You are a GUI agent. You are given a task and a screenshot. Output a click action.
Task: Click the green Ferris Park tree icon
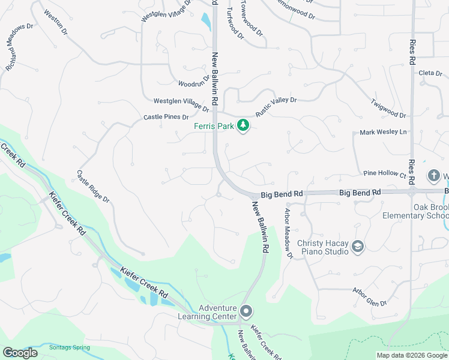(x=243, y=125)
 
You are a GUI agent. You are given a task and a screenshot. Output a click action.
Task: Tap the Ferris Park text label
(x=214, y=126)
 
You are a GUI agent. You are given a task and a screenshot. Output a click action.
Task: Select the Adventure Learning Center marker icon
(x=246, y=311)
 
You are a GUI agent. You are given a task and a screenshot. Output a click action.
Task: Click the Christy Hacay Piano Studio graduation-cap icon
(x=358, y=247)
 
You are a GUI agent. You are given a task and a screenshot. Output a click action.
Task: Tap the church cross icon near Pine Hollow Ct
(x=434, y=176)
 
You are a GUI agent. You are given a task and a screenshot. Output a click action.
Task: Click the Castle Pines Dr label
(x=166, y=117)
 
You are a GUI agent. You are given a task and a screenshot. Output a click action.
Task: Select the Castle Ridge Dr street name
(x=93, y=186)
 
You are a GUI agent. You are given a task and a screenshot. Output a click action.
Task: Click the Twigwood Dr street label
(x=388, y=108)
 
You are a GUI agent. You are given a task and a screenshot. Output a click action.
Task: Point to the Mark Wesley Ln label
(x=383, y=132)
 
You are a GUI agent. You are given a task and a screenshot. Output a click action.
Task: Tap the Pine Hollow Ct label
(x=385, y=173)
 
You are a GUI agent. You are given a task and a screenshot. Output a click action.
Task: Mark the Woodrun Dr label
(x=194, y=81)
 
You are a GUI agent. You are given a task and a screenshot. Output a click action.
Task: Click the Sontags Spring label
(x=69, y=347)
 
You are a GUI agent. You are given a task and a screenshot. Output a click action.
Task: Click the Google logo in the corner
(x=20, y=352)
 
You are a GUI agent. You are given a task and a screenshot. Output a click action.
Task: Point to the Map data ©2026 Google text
(x=412, y=355)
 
